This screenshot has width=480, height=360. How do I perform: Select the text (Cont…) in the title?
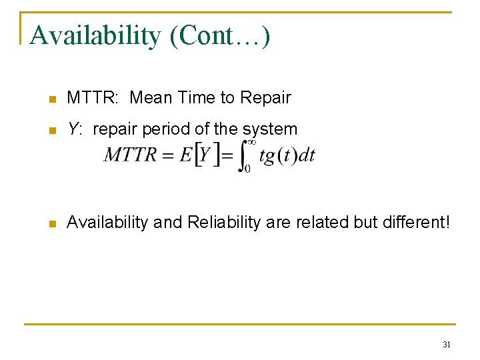pos(220,36)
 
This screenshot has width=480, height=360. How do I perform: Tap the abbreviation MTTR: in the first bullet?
pos(93,98)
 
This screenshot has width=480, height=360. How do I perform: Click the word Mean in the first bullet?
pos(151,98)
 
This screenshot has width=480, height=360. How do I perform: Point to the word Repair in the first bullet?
pos(265,98)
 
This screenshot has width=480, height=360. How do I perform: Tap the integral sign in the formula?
pos(243,155)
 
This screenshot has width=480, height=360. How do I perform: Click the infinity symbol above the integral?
pos(251,141)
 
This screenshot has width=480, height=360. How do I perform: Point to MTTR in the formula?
pos(131,155)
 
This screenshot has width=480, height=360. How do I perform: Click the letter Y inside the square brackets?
pos(205,155)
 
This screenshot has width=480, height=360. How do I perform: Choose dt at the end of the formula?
pos(306,156)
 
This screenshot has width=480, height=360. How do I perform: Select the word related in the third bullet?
pos(323,223)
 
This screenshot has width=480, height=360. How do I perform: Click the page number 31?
pos(446,345)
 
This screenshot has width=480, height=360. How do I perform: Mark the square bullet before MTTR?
pos(52,99)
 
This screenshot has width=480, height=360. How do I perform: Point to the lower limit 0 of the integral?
pos(247,169)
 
